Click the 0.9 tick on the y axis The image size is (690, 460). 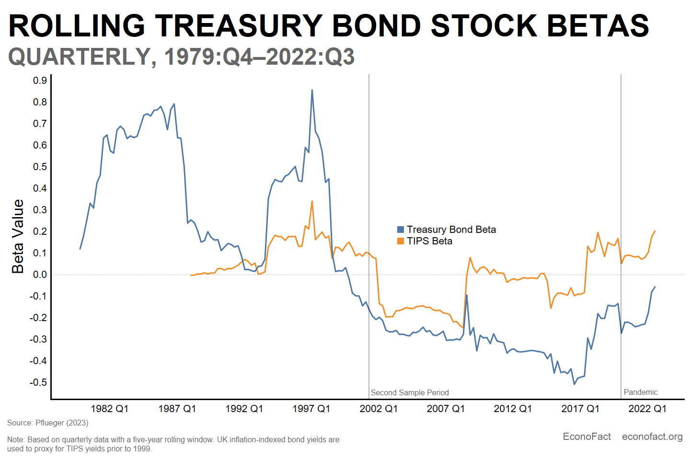click(40, 80)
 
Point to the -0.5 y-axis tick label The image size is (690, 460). click(38, 382)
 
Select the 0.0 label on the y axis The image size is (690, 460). click(40, 275)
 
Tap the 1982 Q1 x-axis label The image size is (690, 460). click(110, 409)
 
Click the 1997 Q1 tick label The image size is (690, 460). click(311, 409)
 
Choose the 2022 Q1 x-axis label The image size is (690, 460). click(647, 409)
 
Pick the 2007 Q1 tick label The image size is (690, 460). click(446, 409)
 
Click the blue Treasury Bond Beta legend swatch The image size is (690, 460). click(401, 230)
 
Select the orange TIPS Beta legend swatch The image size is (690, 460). click(401, 241)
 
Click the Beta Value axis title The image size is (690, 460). click(18, 237)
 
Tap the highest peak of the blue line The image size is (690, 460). click(312, 90)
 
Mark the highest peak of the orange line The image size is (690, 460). click(312, 201)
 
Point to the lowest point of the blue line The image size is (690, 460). click(574, 384)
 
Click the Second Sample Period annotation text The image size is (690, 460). click(410, 392)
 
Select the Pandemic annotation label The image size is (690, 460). click(641, 392)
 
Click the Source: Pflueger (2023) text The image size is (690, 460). click(48, 423)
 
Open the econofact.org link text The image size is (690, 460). click(652, 437)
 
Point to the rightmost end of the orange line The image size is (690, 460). click(655, 231)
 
